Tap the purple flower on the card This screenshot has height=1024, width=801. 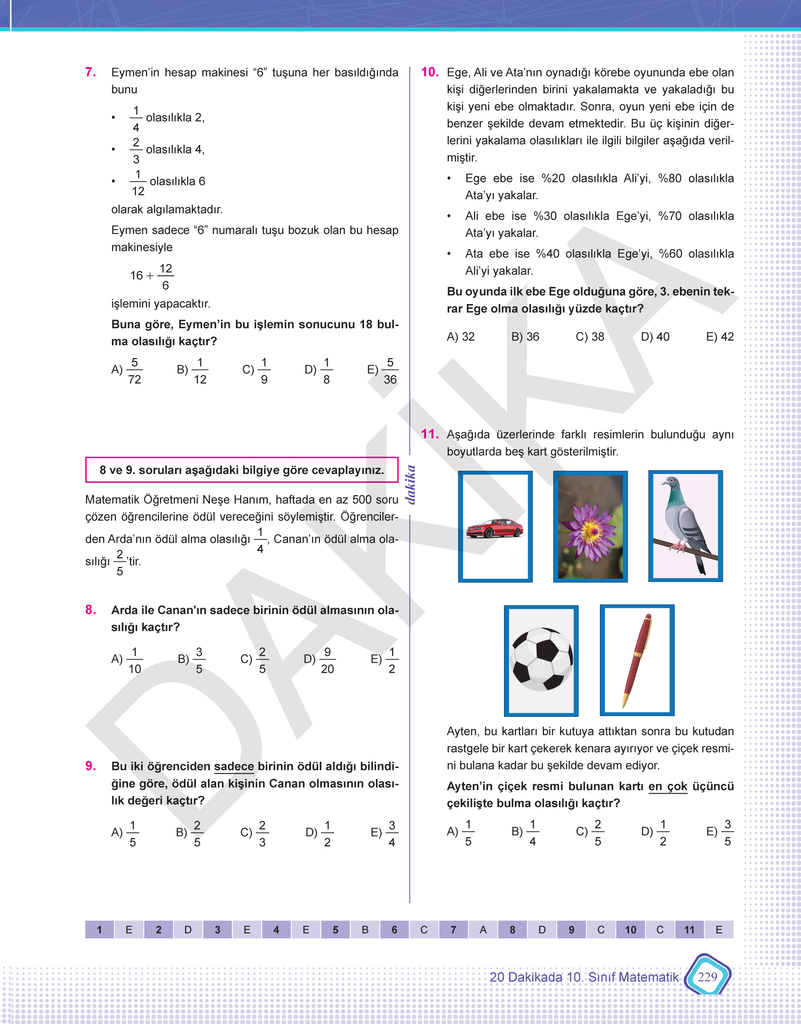tap(590, 526)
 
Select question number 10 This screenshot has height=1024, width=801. tap(430, 72)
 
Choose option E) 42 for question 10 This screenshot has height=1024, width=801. tap(719, 336)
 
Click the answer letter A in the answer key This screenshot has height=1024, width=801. tap(482, 930)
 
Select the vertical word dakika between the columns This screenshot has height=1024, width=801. tap(411, 484)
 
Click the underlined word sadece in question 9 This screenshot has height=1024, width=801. tap(233, 766)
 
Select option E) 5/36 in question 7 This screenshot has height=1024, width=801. tap(383, 370)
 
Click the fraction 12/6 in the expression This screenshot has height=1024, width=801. tap(165, 276)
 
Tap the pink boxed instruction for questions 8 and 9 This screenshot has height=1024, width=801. tap(241, 470)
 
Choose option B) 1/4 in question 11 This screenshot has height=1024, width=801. tap(524, 832)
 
